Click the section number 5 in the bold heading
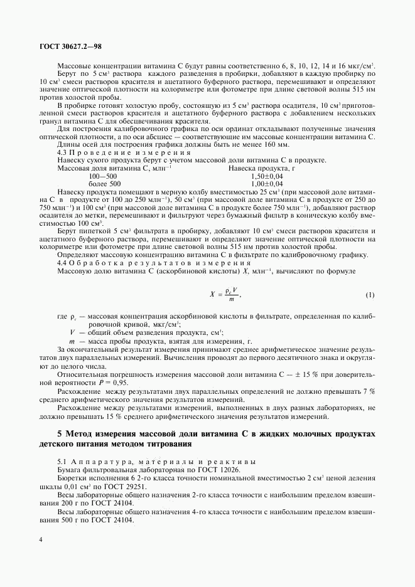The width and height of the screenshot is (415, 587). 60,434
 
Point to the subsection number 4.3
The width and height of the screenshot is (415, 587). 62,152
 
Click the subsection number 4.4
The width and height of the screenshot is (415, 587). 62,263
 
